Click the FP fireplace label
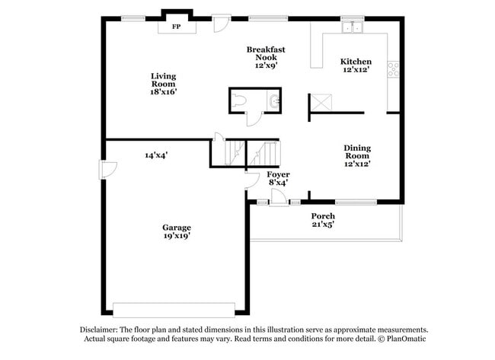[x=177, y=27]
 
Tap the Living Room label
[x=163, y=80]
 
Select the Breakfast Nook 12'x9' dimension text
[x=266, y=65]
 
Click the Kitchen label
[x=356, y=62]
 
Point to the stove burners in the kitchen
[x=394, y=69]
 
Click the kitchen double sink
[x=353, y=27]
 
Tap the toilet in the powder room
[x=238, y=100]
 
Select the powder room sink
[x=273, y=101]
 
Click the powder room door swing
[x=254, y=119]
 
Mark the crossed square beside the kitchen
[x=321, y=102]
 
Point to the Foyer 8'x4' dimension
[x=278, y=183]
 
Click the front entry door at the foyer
[x=279, y=198]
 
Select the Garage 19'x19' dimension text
[x=177, y=236]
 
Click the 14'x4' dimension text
[x=156, y=155]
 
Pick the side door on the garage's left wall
[x=108, y=170]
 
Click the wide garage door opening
[x=174, y=311]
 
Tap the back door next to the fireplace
[x=222, y=24]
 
